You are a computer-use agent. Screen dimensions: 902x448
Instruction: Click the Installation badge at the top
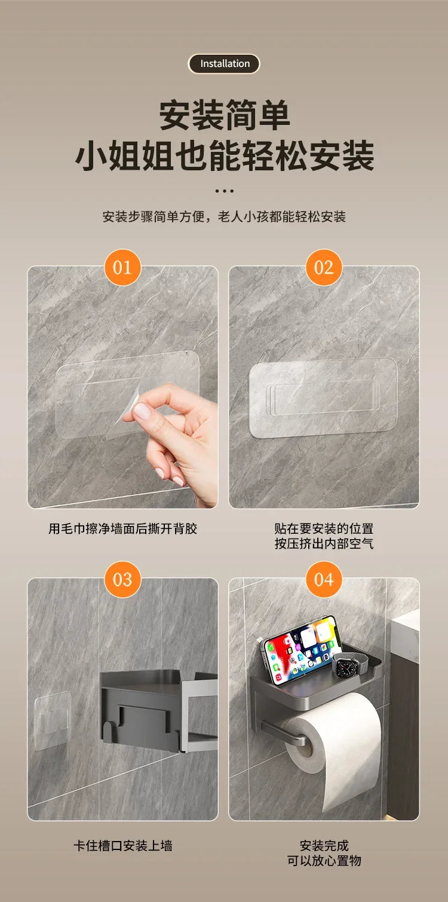[224, 64]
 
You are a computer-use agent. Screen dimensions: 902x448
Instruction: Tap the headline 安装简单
[224, 115]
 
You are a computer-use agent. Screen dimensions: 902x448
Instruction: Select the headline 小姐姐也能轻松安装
[224, 156]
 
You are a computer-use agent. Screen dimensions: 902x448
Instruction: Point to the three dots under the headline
[224, 191]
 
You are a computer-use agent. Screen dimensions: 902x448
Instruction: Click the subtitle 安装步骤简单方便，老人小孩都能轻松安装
[224, 216]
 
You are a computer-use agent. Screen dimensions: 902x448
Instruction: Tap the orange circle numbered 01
[122, 267]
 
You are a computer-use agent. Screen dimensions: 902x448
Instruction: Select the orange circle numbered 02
[324, 267]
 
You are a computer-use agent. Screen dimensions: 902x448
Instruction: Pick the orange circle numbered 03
[122, 579]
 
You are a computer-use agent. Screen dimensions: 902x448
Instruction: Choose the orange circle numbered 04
[324, 579]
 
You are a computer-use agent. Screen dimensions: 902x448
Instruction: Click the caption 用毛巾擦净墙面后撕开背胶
[122, 528]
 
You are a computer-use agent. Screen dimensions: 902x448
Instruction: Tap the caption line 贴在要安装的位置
[324, 528]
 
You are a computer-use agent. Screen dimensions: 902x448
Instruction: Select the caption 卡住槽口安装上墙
[122, 845]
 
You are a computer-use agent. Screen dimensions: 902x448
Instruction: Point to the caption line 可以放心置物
[324, 861]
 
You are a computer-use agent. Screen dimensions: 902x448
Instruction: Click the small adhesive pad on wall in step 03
[52, 720]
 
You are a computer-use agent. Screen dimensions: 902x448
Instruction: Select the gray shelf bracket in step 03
[155, 708]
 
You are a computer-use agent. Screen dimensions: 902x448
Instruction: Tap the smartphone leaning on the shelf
[299, 649]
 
